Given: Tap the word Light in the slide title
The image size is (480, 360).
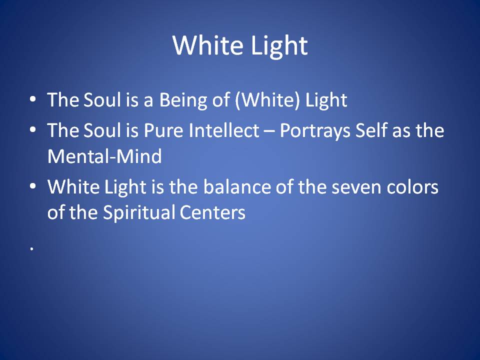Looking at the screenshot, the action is [279, 46].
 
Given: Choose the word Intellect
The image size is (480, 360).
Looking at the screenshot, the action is [224, 130].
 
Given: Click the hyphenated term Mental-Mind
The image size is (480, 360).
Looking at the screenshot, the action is [104, 156].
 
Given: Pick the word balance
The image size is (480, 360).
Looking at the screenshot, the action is [237, 186].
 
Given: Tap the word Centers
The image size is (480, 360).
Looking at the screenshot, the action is [212, 212].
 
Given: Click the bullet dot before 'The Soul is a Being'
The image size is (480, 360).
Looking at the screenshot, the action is [33, 99].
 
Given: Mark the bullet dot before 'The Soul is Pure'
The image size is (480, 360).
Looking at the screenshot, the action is [33, 129].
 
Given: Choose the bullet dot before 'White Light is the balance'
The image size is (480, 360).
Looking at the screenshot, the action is [33, 186].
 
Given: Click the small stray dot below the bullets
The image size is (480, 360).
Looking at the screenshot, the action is [31, 249].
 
